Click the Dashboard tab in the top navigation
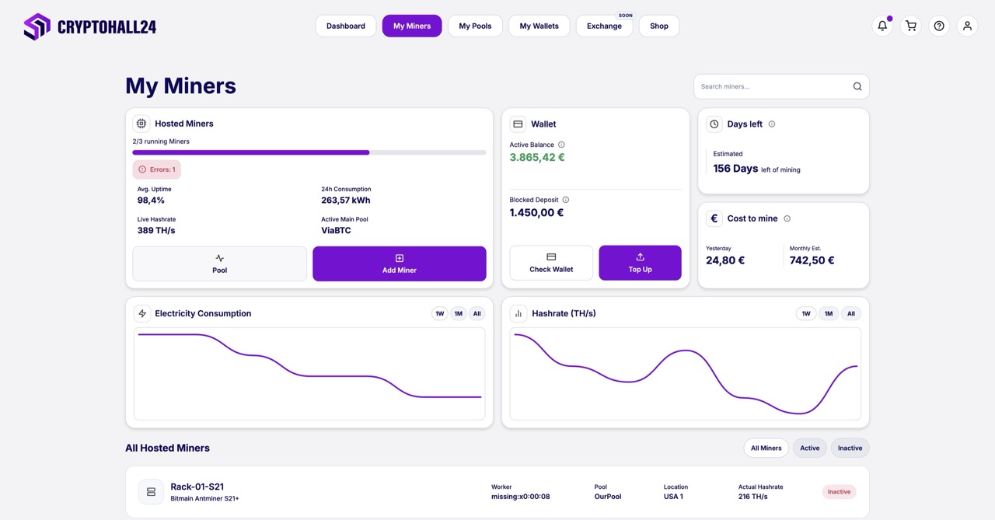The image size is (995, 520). [x=346, y=26]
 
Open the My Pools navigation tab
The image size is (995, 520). [x=475, y=26]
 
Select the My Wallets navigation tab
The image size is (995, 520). [x=539, y=26]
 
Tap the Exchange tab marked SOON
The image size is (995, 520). [x=604, y=26]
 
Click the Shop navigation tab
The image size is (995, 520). [x=658, y=26]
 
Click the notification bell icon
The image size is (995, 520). [x=882, y=26]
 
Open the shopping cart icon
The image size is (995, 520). [x=910, y=26]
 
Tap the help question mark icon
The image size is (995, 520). [x=939, y=26]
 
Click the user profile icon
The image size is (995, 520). [x=967, y=26]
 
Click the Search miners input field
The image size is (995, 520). [x=773, y=86]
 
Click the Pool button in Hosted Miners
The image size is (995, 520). [x=219, y=263]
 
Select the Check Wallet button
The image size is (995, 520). [x=551, y=263]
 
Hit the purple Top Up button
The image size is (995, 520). [x=640, y=263]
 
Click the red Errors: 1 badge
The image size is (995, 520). [x=157, y=169]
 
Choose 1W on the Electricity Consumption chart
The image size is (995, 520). [x=439, y=314]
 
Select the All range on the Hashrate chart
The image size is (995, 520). [x=851, y=314]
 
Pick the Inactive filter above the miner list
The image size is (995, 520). [x=850, y=448]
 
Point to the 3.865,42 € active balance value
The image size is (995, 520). [x=537, y=157]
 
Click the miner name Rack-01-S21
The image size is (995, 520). [x=197, y=487]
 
